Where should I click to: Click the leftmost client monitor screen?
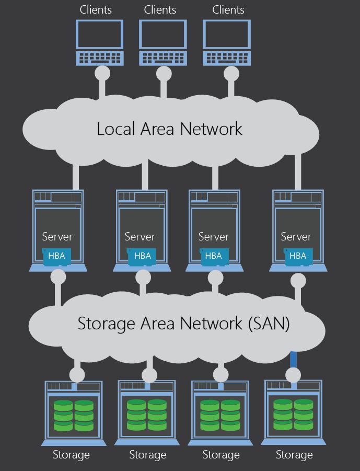click(99, 35)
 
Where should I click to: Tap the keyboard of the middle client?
click(162, 58)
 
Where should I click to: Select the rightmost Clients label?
click(228, 9)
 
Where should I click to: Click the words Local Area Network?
click(170, 129)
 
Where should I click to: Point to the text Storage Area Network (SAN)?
click(183, 323)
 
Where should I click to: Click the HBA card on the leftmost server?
click(56, 256)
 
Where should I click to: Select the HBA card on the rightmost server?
click(298, 256)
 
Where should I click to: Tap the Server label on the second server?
click(140, 236)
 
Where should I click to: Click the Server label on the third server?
click(213, 236)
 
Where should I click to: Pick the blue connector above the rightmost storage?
click(293, 359)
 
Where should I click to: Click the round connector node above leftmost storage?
click(77, 375)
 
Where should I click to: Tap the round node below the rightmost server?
click(298, 281)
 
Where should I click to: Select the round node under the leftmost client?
click(102, 73)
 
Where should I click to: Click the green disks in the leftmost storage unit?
click(73, 416)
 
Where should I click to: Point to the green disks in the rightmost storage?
click(293, 414)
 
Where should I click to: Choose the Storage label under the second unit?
click(147, 455)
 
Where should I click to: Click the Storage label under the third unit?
click(220, 455)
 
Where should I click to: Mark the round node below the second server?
click(143, 277)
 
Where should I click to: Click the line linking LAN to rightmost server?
click(298, 173)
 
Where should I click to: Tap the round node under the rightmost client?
click(231, 74)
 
